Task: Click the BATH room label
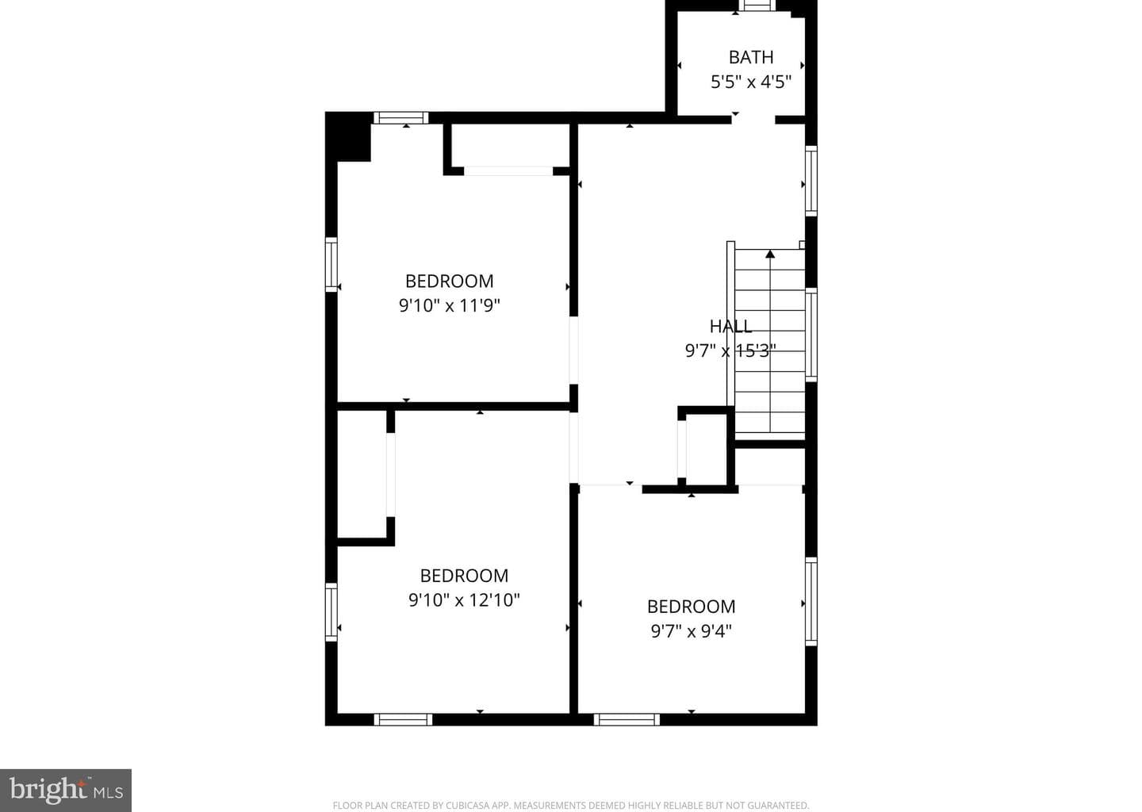click(x=750, y=57)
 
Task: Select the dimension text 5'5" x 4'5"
click(x=751, y=82)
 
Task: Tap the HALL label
click(x=730, y=326)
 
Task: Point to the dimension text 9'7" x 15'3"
click(x=730, y=350)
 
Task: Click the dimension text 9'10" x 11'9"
click(x=449, y=306)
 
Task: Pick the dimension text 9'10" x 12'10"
click(x=464, y=600)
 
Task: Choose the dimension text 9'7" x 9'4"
click(x=692, y=631)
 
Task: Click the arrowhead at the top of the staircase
click(x=770, y=253)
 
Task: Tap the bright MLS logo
click(x=66, y=790)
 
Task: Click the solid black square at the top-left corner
click(x=348, y=137)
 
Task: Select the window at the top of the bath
click(x=757, y=6)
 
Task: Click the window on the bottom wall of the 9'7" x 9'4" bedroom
click(x=627, y=719)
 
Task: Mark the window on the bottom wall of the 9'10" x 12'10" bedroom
click(x=403, y=719)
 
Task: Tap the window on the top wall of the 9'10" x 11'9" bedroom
click(x=400, y=117)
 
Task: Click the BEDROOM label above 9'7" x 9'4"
click(x=692, y=607)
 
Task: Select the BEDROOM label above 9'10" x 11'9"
click(x=449, y=281)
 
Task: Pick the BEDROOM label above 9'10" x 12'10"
click(x=464, y=576)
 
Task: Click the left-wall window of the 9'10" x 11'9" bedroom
click(x=331, y=265)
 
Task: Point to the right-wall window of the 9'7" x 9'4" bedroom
click(x=811, y=602)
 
